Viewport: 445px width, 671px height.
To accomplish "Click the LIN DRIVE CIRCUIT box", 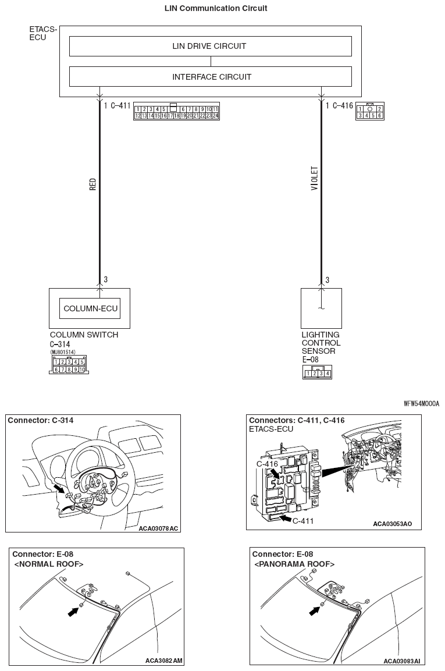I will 210,46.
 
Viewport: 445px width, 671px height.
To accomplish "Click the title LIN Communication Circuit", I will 208,9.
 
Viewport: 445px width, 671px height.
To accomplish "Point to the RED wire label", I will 92,185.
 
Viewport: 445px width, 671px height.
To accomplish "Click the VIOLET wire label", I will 315,179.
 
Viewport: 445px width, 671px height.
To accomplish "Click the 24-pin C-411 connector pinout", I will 176,112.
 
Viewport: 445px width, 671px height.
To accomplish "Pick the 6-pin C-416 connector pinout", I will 369,112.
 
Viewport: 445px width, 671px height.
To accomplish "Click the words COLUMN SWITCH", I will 84,335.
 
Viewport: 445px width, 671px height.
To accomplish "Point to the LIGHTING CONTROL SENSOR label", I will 321,343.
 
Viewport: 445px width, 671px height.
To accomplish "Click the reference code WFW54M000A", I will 421,403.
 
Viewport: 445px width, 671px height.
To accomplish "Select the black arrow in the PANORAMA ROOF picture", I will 315,610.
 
